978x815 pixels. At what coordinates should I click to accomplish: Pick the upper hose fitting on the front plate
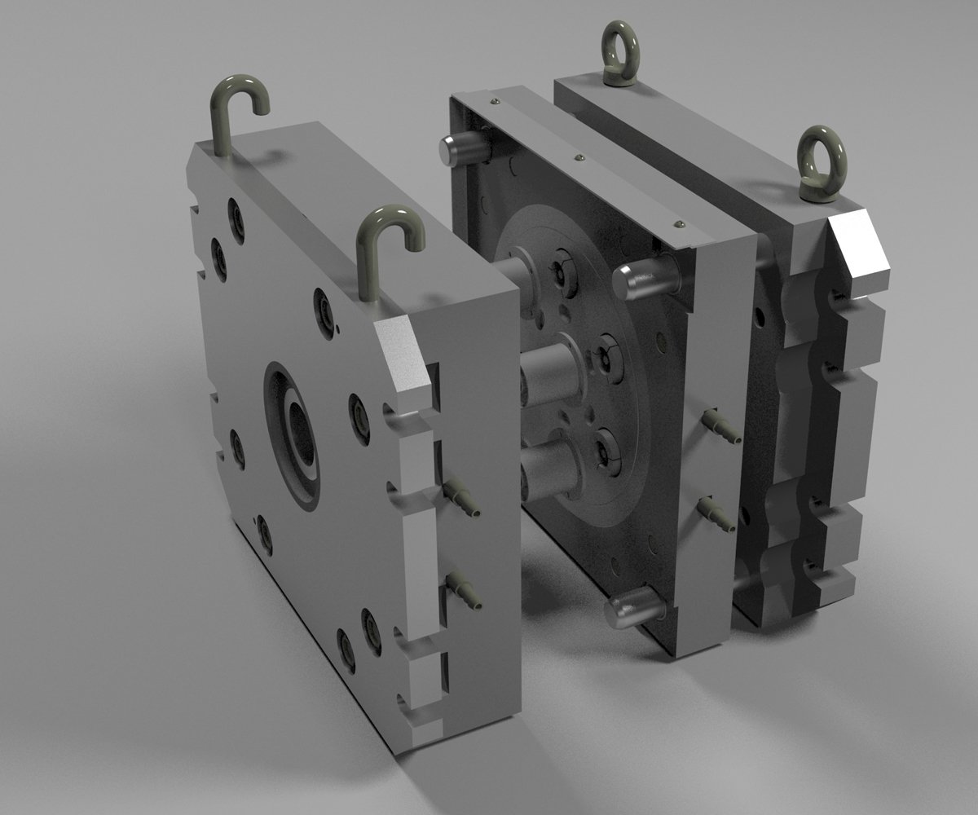461,498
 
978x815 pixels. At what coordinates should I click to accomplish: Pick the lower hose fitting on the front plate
463,590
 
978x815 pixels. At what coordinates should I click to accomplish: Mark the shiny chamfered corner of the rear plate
856,249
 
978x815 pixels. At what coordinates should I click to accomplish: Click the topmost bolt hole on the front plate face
236,214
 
